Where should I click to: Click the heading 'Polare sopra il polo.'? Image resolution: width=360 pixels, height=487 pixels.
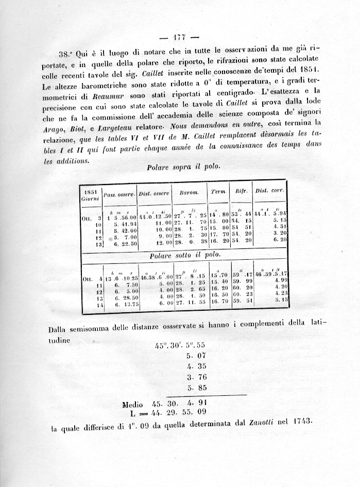coord(183,167)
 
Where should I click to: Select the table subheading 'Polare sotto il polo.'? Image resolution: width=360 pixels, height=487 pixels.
coord(184,255)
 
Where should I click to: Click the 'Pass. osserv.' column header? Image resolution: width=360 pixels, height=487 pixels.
coord(119,194)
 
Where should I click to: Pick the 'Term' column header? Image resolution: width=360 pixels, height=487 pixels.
coord(218,191)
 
